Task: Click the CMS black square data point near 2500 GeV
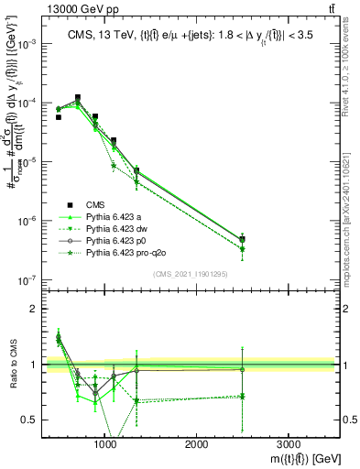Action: coord(242,239)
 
